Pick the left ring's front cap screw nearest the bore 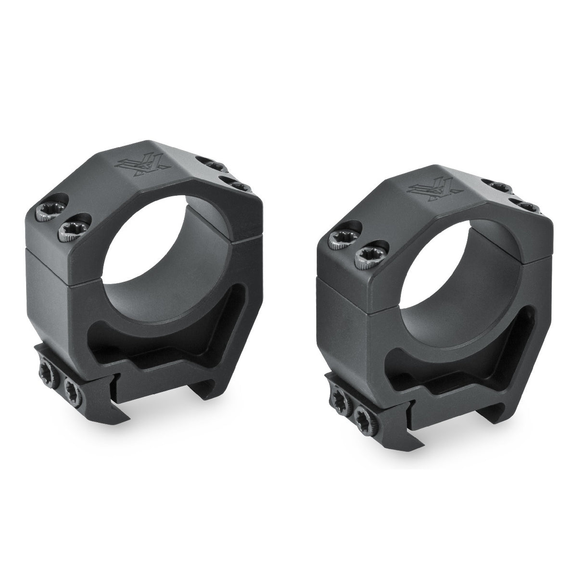coord(69,227)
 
